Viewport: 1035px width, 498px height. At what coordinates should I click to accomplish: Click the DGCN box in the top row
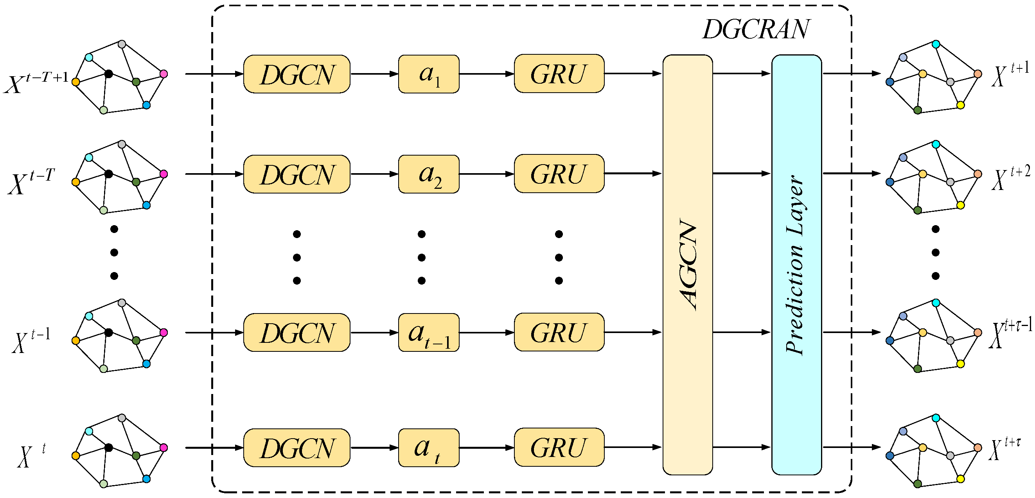click(x=296, y=74)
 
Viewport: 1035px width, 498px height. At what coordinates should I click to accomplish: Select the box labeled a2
click(x=428, y=174)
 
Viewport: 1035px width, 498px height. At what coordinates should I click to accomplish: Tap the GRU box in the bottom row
click(x=559, y=447)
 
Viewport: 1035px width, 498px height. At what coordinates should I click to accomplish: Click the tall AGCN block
click(x=687, y=265)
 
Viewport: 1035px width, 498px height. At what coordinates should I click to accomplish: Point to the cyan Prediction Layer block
click(x=796, y=265)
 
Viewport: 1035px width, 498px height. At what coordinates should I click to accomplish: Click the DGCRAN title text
click(x=756, y=29)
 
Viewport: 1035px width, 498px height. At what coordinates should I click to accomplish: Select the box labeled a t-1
click(x=428, y=333)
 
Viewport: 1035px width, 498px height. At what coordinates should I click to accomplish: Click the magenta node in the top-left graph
click(x=164, y=74)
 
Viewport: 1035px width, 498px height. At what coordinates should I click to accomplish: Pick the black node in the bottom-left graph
click(x=108, y=447)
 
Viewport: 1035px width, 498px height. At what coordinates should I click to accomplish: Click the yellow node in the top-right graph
click(x=960, y=105)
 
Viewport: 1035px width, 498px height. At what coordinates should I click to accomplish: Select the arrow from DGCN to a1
click(x=374, y=74)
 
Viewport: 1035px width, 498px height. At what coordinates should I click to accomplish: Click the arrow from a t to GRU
click(x=486, y=447)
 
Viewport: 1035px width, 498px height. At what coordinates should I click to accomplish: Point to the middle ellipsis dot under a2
click(x=422, y=258)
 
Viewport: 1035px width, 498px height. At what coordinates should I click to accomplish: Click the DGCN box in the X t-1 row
click(x=296, y=333)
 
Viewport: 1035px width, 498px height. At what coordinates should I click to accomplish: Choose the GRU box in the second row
click(x=559, y=174)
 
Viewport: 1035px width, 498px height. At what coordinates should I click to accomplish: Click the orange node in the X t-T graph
click(x=75, y=182)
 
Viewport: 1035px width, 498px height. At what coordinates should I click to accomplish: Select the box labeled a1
click(x=428, y=74)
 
